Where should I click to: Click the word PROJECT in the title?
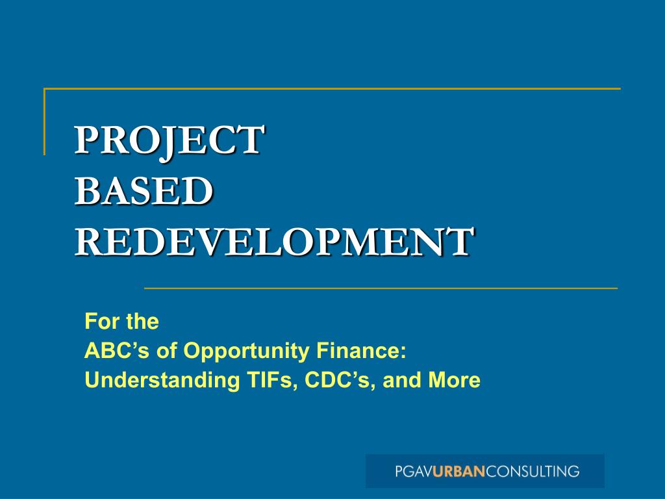tap(169, 140)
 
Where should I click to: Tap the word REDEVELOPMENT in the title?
tap(273, 242)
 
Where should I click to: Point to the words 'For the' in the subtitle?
tap(122, 322)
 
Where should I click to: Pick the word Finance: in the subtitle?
tap(361, 351)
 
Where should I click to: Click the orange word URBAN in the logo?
tap(459, 471)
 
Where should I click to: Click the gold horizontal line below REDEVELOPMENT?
tap(380, 287)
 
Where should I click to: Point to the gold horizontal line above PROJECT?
tap(331, 88)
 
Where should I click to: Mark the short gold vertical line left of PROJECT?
tap(44, 122)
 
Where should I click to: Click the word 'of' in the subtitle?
tap(170, 351)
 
